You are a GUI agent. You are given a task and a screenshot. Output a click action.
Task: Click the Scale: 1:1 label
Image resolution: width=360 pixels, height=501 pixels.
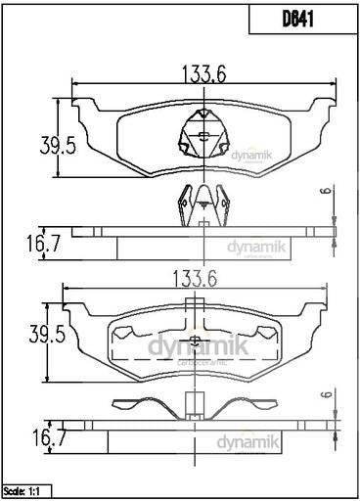click(x=26, y=489)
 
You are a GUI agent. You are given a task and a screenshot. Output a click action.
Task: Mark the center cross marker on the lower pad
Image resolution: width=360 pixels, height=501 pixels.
click(x=194, y=342)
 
